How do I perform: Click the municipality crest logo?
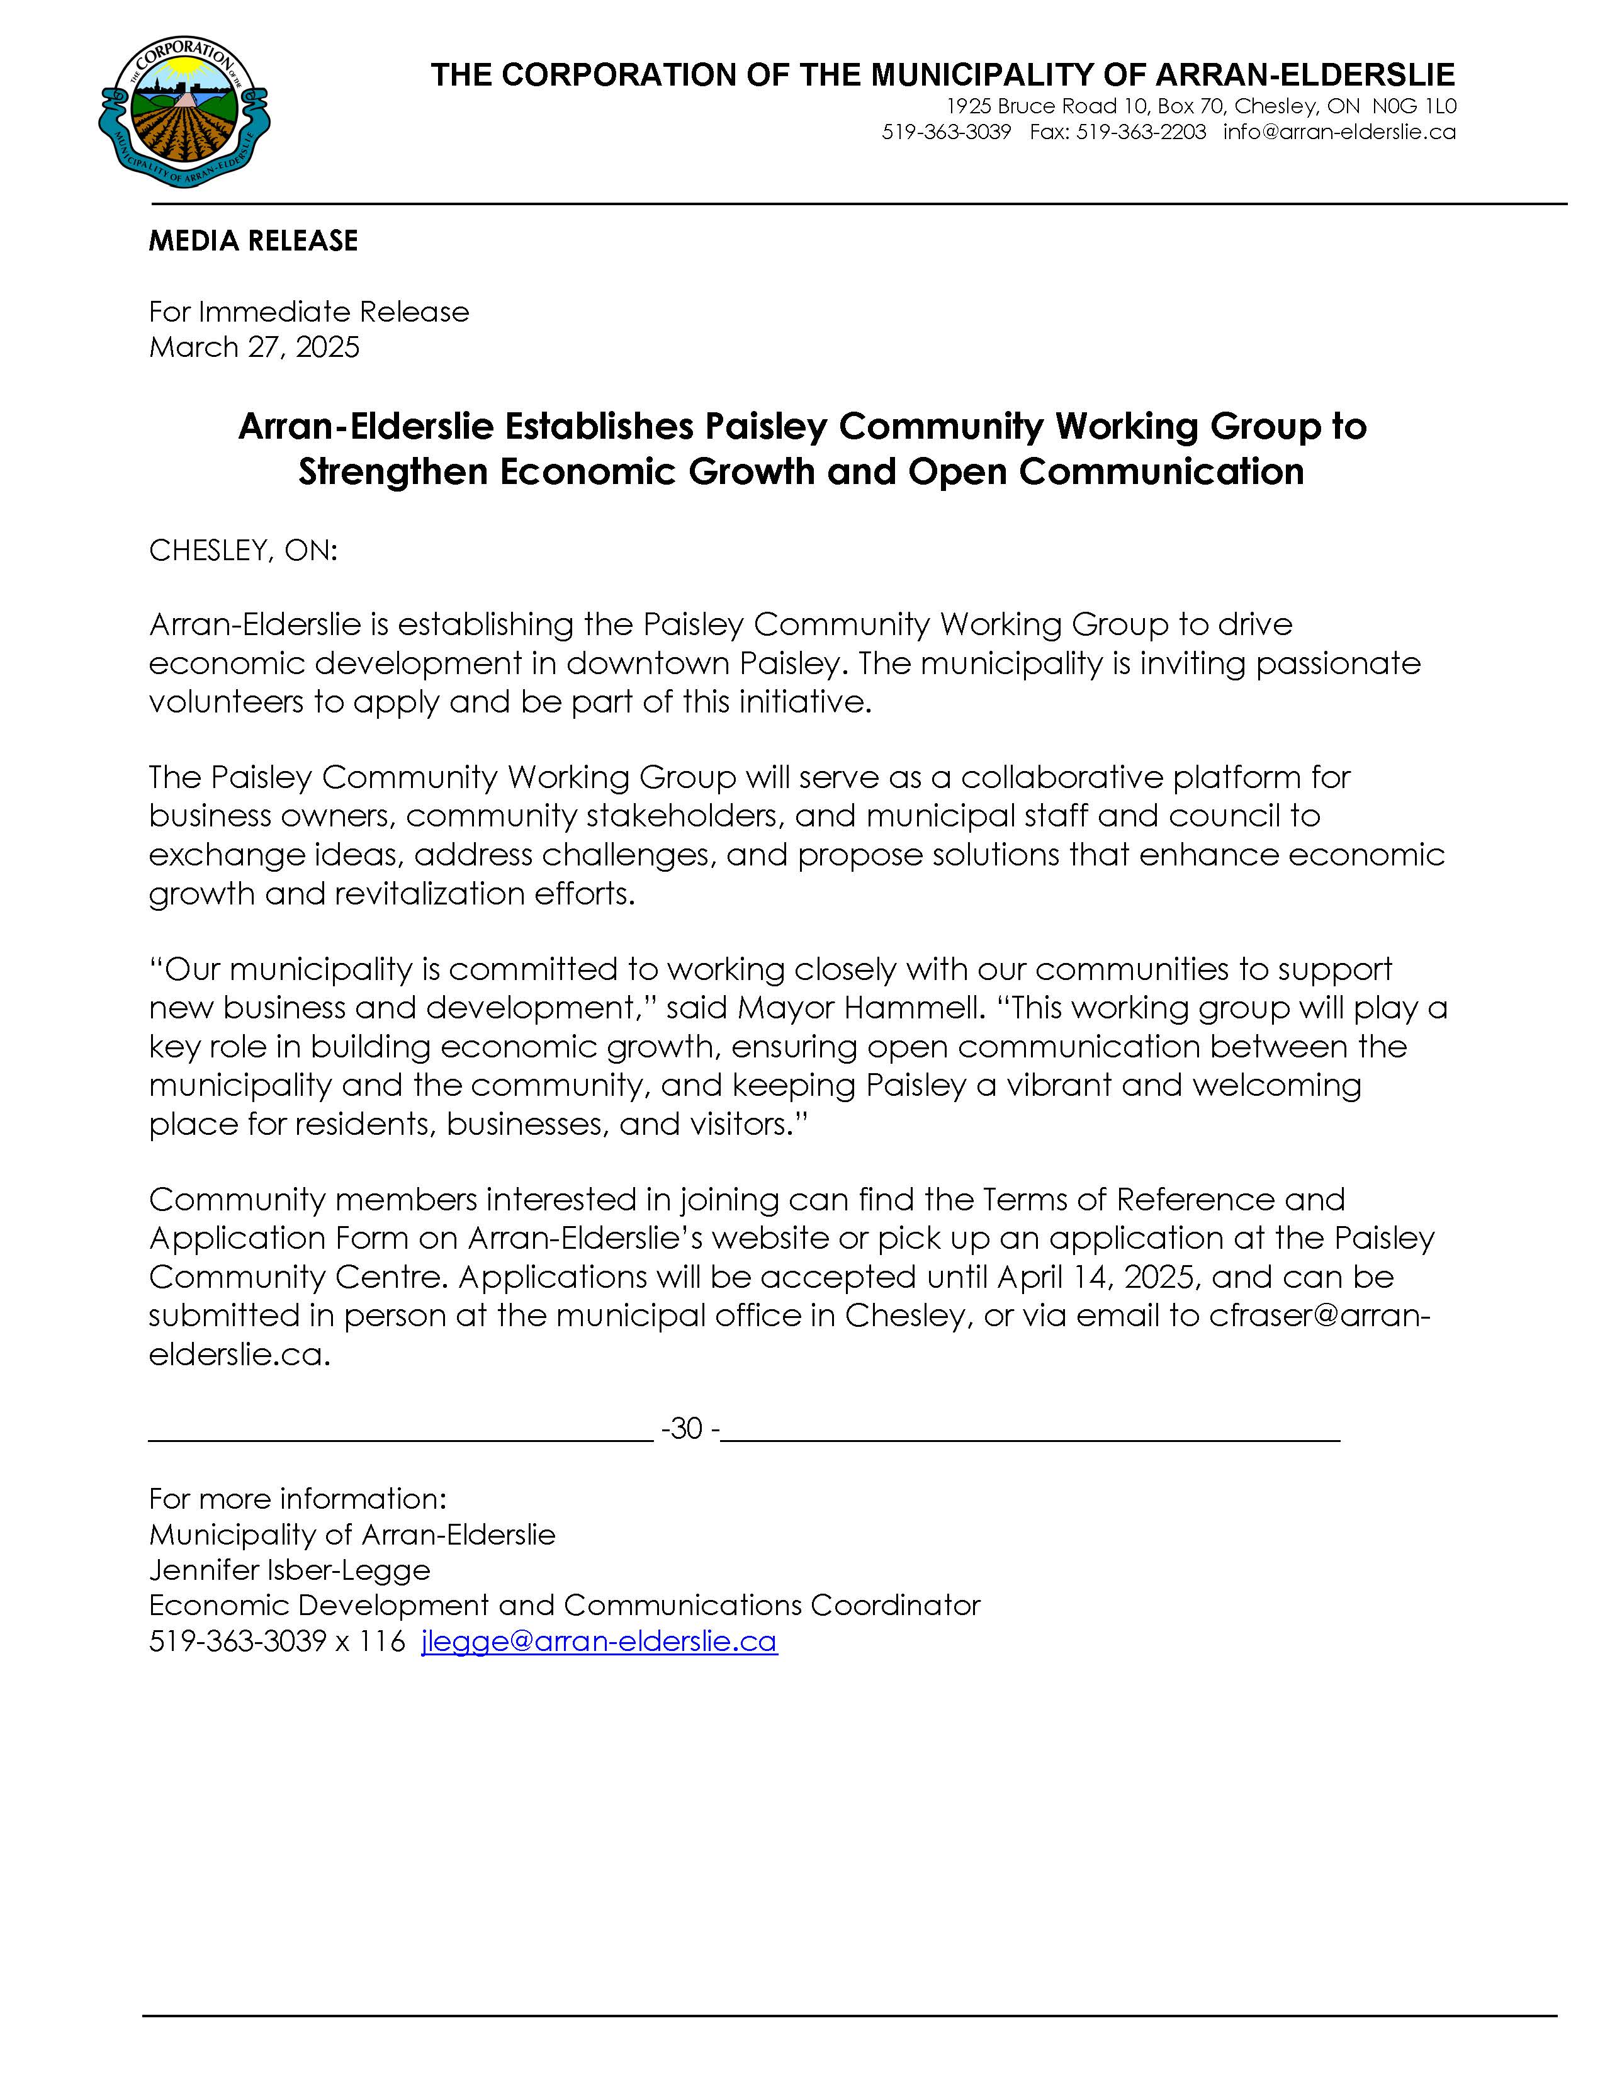184,113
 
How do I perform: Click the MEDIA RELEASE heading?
253,240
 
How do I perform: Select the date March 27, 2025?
254,347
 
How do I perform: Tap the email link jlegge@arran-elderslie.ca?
599,1642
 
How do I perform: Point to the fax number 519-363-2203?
1141,132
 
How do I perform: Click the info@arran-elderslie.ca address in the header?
1340,132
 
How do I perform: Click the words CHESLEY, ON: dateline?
244,551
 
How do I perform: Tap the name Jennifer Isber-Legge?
289,1570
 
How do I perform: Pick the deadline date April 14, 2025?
1096,1276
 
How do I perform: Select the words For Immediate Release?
308,312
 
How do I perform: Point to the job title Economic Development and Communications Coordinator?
564,1605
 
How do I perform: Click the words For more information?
298,1498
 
